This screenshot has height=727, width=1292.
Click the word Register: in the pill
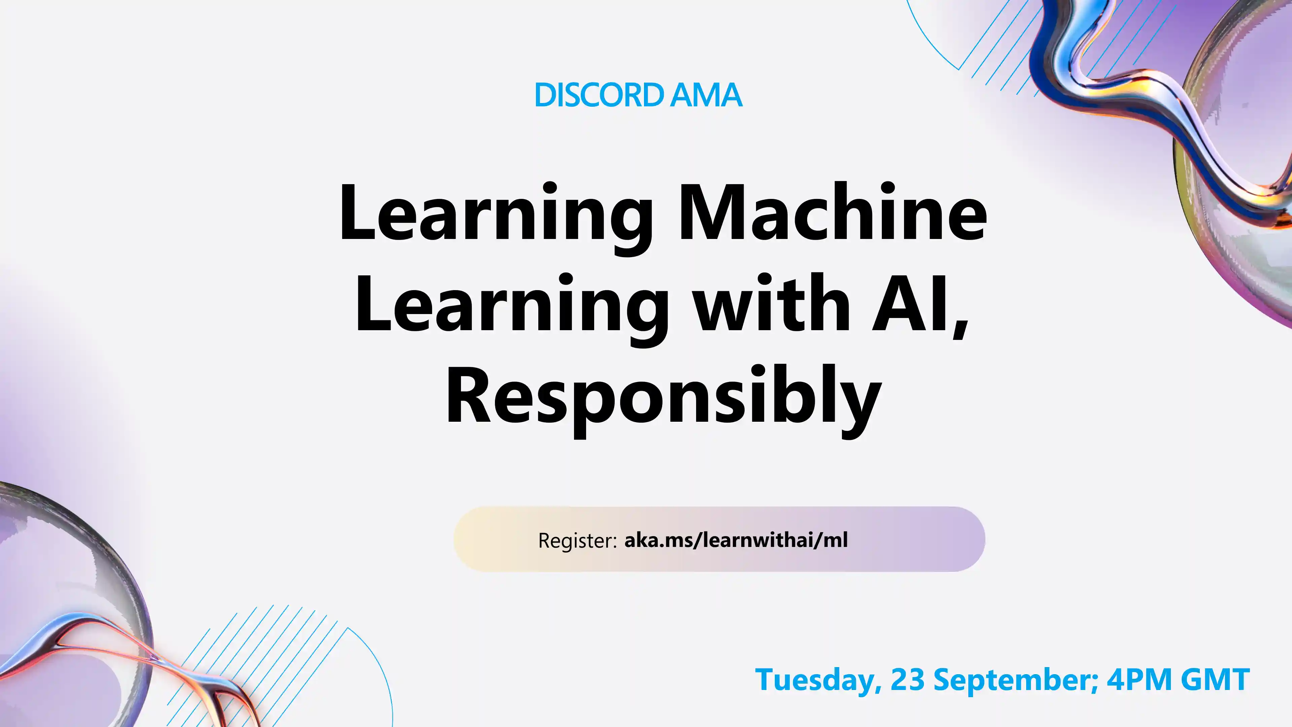click(x=577, y=540)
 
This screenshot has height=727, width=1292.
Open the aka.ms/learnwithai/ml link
click(x=736, y=540)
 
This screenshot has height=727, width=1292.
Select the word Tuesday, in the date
click(x=818, y=680)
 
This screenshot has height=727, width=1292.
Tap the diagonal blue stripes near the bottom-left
click(x=261, y=652)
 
